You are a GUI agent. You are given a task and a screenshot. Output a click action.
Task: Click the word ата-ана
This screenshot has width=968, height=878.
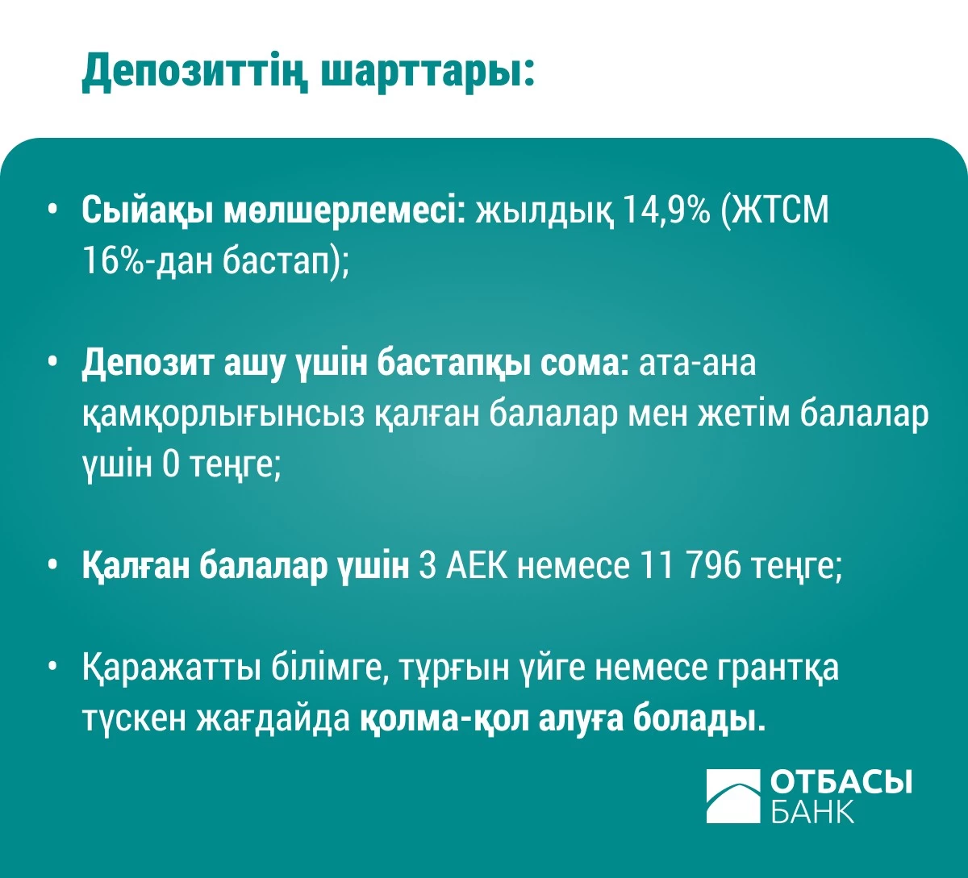[698, 364]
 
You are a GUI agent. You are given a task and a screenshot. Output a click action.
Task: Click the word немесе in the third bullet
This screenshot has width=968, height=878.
[572, 566]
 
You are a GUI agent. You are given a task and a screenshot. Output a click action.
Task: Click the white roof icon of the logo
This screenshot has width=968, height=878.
[733, 796]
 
